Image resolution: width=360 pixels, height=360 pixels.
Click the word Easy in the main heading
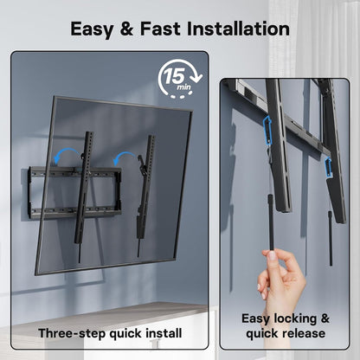click(x=92, y=29)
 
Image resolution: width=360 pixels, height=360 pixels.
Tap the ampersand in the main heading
click(x=127, y=29)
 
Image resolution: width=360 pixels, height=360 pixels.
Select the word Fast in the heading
click(x=160, y=29)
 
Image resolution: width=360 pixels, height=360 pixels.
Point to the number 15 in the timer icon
click(x=174, y=76)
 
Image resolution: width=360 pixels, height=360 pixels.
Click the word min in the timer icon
click(x=183, y=87)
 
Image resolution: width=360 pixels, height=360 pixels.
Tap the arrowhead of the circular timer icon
click(x=197, y=77)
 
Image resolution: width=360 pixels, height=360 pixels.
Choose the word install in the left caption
click(x=164, y=333)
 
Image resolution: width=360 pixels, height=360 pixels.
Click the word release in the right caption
click(x=305, y=334)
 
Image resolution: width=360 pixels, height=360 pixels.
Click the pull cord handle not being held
click(x=331, y=238)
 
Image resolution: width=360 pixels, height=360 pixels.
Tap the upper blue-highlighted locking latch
click(x=267, y=128)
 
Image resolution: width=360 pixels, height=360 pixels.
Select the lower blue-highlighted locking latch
click(x=328, y=167)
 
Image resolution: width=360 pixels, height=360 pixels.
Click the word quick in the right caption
click(x=264, y=334)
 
